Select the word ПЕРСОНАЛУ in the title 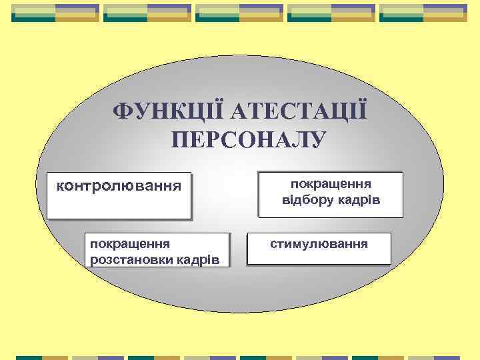coord(248,140)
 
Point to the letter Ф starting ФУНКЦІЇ coord(122,111)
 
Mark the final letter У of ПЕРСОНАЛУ coord(318,140)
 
